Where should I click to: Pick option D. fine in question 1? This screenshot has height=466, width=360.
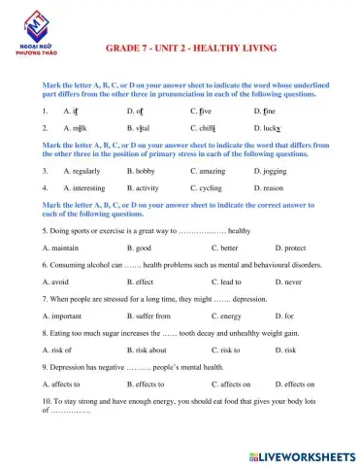click(x=268, y=113)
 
